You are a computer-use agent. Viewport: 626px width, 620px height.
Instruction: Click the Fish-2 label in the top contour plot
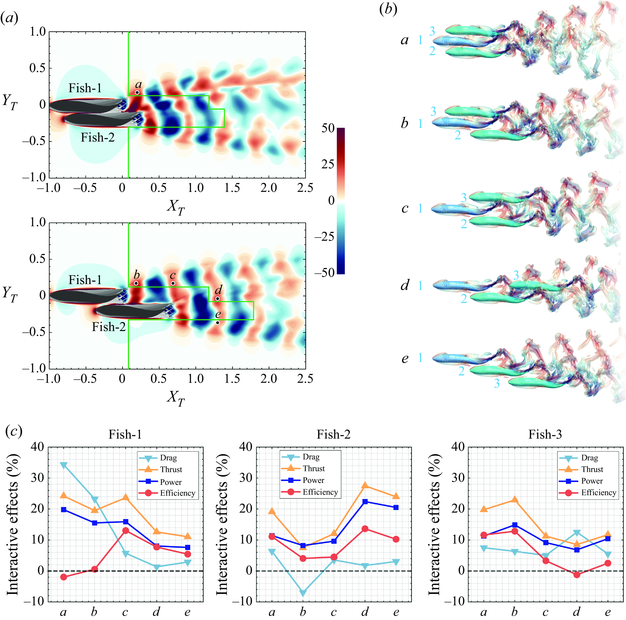[97, 138]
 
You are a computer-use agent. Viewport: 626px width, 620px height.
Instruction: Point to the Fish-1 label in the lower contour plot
[85, 280]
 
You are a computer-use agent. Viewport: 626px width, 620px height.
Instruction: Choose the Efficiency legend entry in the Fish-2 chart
[309, 492]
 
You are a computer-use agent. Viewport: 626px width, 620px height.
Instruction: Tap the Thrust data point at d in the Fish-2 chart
[365, 485]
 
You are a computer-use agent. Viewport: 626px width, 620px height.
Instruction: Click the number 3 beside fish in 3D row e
[497, 383]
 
